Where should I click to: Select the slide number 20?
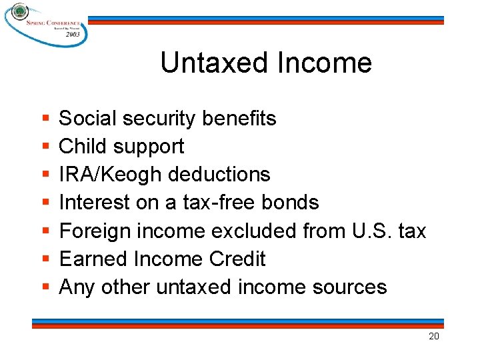tap(433, 337)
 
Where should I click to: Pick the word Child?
tap(83, 147)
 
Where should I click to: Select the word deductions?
tap(219, 175)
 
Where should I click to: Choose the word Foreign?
tap(95, 231)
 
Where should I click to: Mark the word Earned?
tap(91, 259)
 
